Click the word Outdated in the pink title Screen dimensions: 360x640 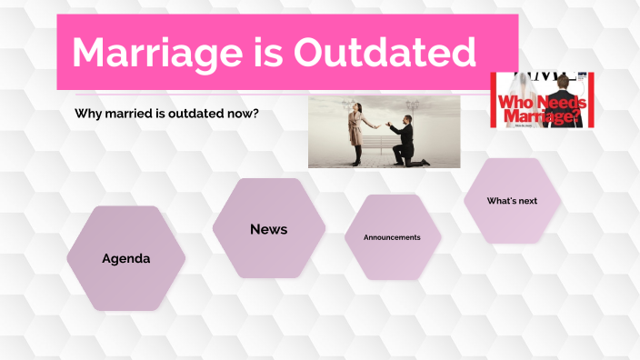(x=381, y=53)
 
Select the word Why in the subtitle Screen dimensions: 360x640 (x=87, y=115)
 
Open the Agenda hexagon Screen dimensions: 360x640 (x=125, y=258)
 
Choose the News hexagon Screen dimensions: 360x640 (x=268, y=229)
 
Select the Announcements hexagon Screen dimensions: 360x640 (x=392, y=237)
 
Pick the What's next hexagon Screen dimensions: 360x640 (x=512, y=201)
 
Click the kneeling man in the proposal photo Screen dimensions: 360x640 (x=407, y=141)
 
